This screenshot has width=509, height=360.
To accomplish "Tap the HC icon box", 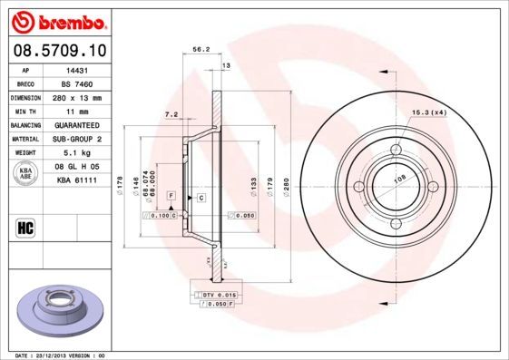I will tap(25, 227).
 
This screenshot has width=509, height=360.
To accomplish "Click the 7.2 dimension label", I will tap(171, 114).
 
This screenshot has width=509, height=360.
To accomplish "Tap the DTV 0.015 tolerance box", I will tap(219, 296).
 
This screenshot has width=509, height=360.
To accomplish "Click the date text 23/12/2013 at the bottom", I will tap(62, 356).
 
